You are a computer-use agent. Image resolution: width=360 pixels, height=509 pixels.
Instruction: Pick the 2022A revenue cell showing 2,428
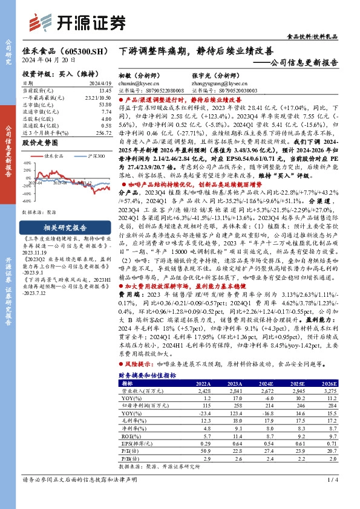tap(201, 391)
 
